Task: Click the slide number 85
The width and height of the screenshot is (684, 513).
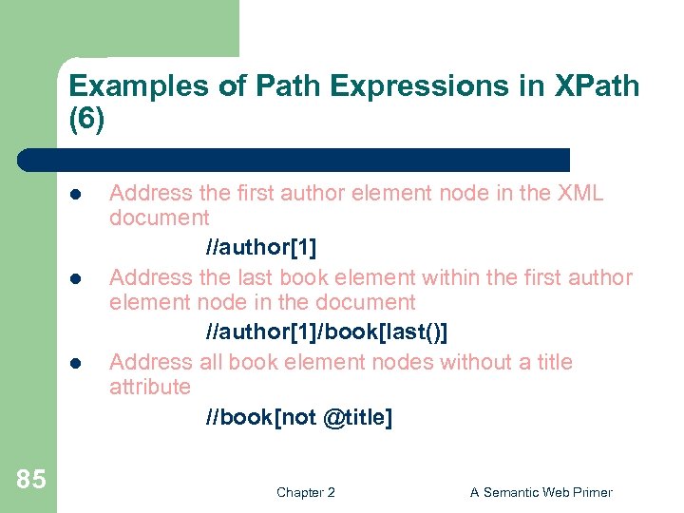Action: click(30, 479)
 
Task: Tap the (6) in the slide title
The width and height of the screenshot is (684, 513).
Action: click(86, 122)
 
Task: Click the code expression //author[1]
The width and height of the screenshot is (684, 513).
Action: click(260, 247)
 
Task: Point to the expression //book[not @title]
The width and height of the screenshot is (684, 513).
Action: click(298, 417)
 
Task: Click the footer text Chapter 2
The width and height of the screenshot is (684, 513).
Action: click(305, 492)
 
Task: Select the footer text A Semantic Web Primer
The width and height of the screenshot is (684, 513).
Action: click(541, 492)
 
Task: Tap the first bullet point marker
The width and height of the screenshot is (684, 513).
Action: click(74, 194)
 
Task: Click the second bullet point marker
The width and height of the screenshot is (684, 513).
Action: click(74, 278)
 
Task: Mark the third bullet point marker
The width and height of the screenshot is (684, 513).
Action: click(74, 363)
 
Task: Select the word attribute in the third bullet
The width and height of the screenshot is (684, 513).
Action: click(150, 387)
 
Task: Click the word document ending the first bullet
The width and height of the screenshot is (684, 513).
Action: click(160, 218)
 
